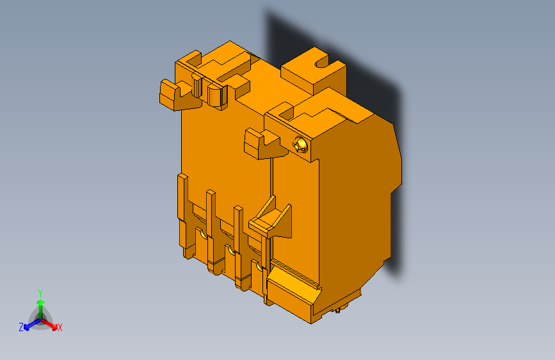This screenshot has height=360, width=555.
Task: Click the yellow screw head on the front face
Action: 300,145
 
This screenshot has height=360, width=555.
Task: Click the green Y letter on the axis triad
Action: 40,292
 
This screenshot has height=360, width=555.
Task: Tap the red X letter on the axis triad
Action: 60,327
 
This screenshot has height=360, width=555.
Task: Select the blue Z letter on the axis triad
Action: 21,327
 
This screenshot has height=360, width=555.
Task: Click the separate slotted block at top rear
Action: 314,70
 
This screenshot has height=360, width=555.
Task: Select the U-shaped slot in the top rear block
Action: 321,63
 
